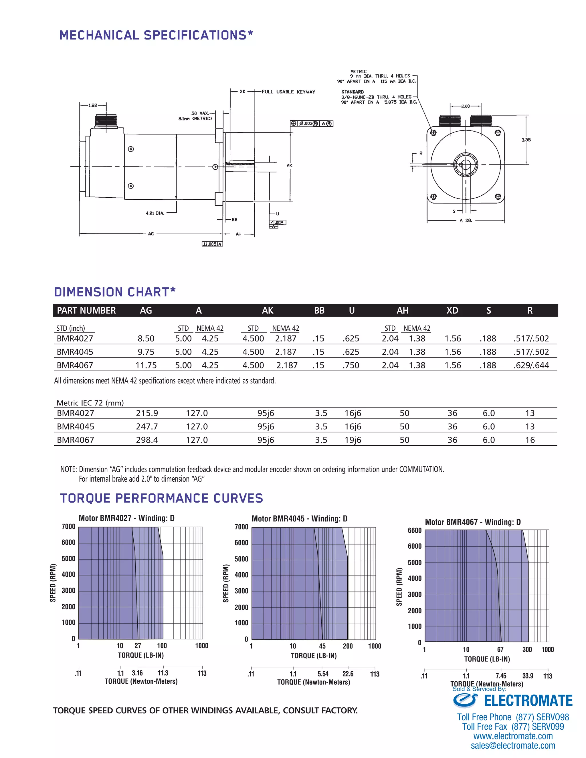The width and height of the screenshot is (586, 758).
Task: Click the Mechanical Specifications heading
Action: click(x=156, y=35)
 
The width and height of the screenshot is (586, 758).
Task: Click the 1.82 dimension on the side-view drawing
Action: click(x=93, y=106)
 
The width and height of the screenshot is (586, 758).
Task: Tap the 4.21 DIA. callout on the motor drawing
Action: click(x=155, y=213)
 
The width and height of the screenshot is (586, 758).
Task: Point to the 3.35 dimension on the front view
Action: click(x=526, y=140)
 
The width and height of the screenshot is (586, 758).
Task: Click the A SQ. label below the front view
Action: click(x=466, y=220)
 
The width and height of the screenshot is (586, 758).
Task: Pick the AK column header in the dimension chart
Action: click(x=267, y=311)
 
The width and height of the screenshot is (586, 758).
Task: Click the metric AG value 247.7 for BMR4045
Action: click(x=147, y=426)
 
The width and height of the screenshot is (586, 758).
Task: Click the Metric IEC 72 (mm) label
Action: click(x=90, y=403)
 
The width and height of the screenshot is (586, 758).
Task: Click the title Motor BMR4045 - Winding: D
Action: click(x=299, y=519)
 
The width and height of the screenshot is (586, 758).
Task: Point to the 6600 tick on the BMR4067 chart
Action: click(x=415, y=531)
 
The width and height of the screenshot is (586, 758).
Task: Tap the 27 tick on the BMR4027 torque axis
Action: click(x=138, y=646)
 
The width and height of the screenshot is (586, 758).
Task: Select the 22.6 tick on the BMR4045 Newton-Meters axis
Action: click(x=348, y=674)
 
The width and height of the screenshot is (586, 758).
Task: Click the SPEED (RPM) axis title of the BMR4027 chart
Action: click(x=53, y=583)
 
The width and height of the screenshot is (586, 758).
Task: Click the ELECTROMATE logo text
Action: click(x=528, y=701)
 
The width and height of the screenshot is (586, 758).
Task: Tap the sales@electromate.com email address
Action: click(x=513, y=745)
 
